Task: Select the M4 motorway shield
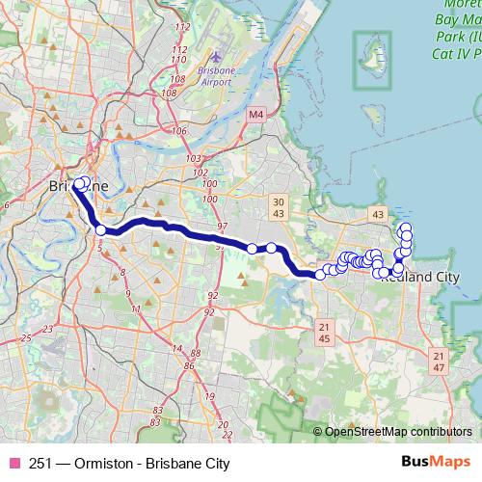[x=254, y=115]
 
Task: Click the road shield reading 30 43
[x=278, y=205]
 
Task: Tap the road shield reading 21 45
[x=324, y=333]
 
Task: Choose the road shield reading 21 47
[x=440, y=362]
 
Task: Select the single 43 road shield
[x=377, y=213]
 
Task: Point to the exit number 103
[x=193, y=158]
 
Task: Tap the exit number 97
[x=223, y=226]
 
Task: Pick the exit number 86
[x=190, y=365]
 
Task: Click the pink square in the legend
[x=13, y=463]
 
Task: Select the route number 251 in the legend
[x=41, y=463]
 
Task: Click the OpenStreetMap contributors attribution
[x=397, y=433]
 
